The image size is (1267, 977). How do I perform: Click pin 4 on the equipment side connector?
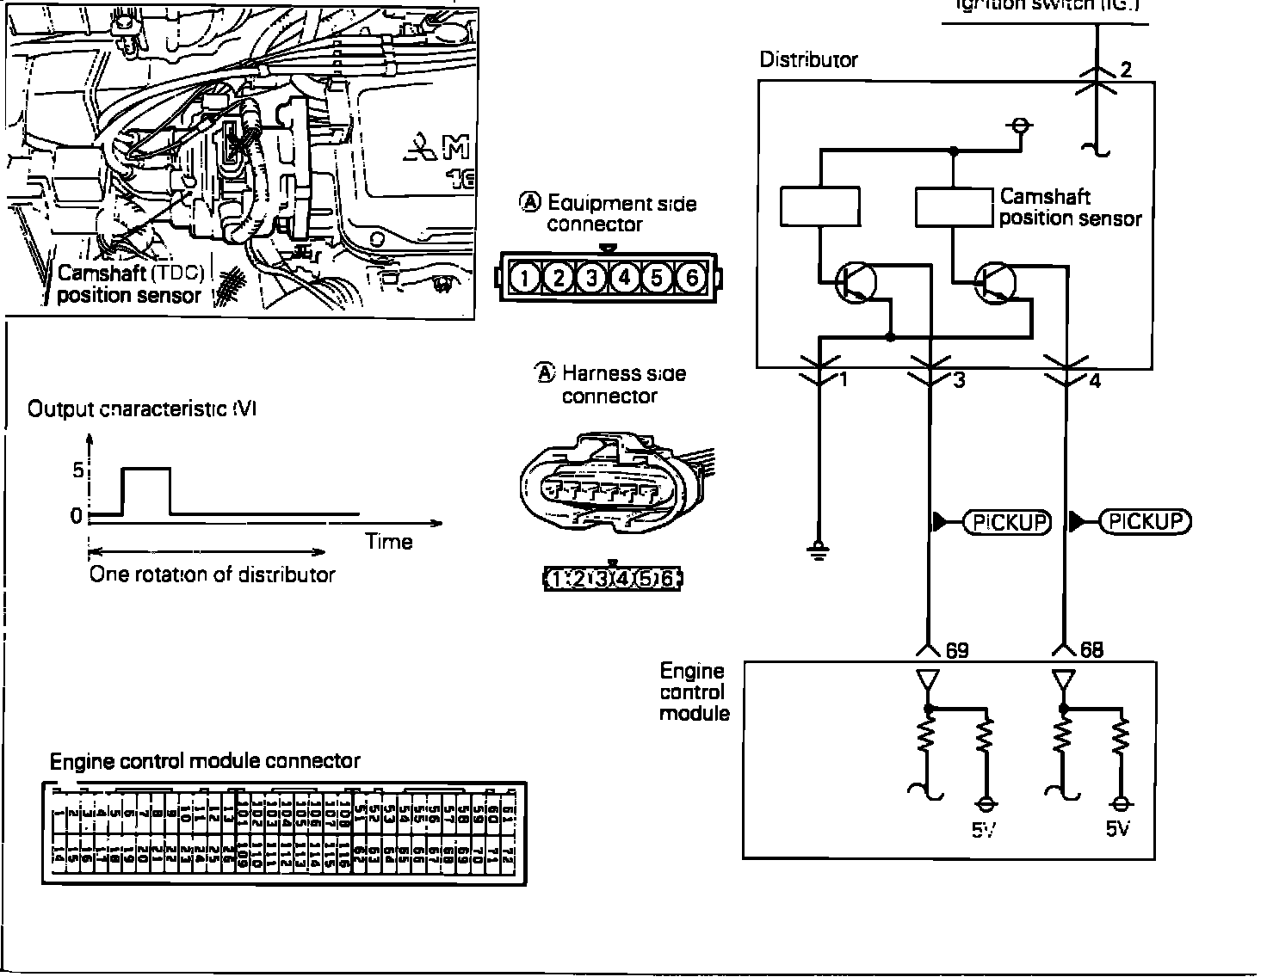(625, 277)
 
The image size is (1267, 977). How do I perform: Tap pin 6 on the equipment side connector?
(691, 277)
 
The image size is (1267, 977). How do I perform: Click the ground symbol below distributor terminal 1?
(819, 550)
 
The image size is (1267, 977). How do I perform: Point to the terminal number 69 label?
(957, 650)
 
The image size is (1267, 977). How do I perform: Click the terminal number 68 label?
(1091, 650)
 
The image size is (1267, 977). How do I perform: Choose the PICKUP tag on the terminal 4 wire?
(1146, 521)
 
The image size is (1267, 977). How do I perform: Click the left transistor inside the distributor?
(856, 282)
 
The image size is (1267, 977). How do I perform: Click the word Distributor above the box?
(808, 60)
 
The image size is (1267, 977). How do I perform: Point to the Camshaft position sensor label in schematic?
(1070, 207)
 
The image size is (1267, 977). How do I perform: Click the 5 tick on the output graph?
(77, 470)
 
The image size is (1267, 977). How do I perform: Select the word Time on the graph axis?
(389, 542)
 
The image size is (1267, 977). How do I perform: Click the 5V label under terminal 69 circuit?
(984, 830)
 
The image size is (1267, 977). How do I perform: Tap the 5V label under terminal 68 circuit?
(1118, 830)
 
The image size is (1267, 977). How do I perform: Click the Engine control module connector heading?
(205, 761)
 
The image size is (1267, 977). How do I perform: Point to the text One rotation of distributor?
(212, 575)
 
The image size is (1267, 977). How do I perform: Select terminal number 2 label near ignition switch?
(1126, 70)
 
